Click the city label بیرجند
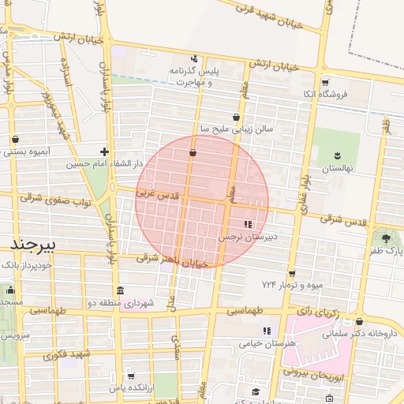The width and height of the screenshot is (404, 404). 29,245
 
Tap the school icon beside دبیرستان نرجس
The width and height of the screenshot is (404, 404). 249,224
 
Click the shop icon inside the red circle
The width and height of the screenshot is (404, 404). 193,153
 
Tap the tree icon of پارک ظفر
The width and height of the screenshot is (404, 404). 385,237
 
